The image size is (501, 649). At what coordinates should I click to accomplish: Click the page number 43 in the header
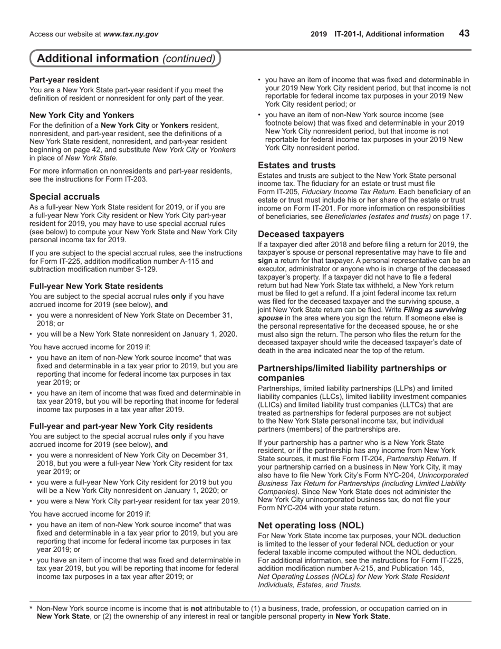pos(464,33)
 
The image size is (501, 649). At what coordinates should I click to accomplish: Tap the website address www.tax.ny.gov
pos(131,34)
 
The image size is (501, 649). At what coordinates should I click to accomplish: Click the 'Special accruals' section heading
pos(64,197)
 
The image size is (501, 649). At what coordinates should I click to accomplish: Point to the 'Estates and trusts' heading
pos(296,165)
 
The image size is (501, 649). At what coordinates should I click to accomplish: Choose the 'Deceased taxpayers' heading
pos(301,234)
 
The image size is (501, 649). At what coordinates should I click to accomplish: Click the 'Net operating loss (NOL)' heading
pos(311,525)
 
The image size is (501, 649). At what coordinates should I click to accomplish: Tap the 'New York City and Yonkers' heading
pos(82,115)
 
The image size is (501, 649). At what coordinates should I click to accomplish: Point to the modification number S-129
pos(142,269)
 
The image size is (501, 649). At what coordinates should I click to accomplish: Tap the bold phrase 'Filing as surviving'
pos(435,310)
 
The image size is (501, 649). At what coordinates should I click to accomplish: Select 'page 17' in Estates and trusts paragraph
pos(459,216)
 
